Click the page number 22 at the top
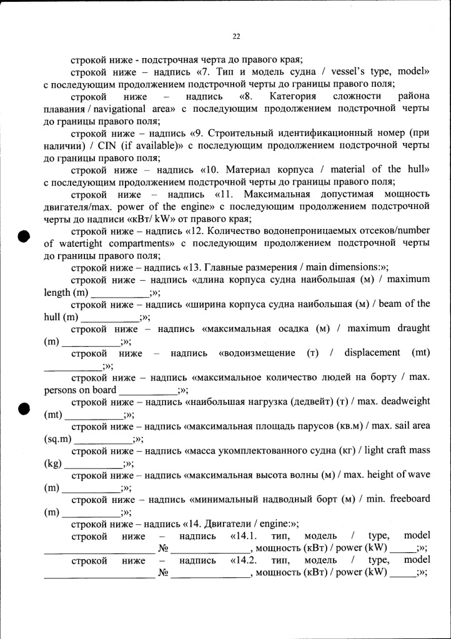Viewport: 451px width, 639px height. point(236,36)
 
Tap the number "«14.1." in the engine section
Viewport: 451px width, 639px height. point(244,537)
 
